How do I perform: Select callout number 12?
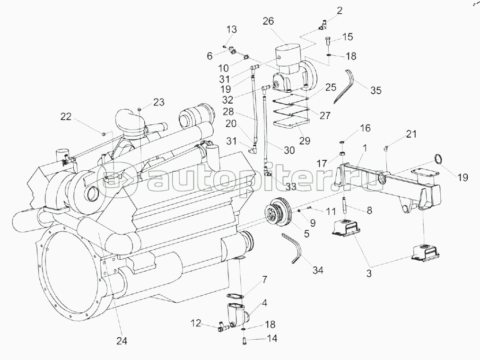pos(196,324)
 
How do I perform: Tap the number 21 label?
pos(411,134)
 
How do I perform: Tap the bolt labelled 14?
pos(243,339)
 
